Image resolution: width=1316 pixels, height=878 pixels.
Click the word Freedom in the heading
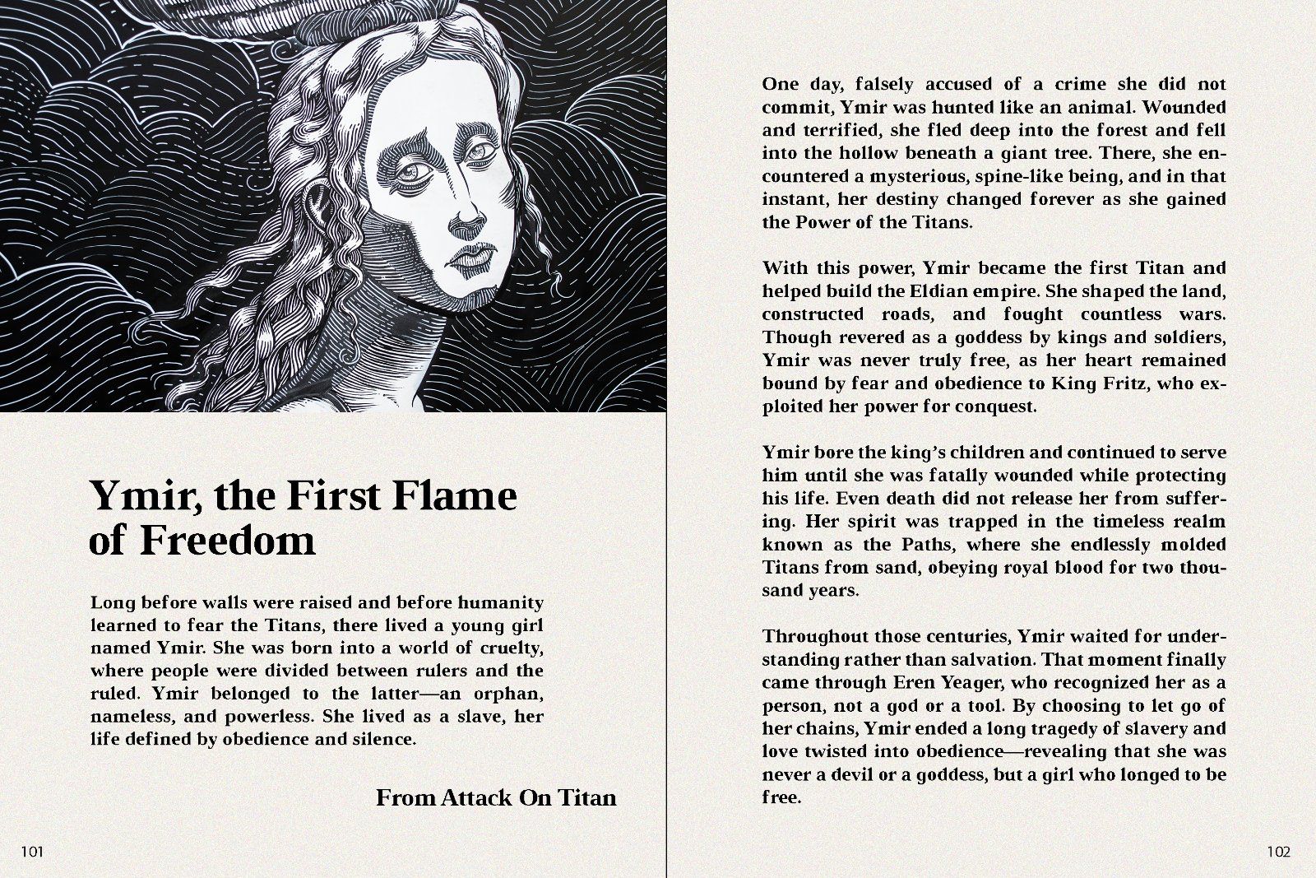point(228,541)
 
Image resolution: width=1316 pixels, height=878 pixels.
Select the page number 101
point(32,852)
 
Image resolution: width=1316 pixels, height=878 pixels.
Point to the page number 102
point(1279,852)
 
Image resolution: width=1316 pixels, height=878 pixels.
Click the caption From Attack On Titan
point(495,797)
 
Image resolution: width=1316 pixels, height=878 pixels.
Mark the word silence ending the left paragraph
point(385,739)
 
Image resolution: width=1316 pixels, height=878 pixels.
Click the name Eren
point(911,683)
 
